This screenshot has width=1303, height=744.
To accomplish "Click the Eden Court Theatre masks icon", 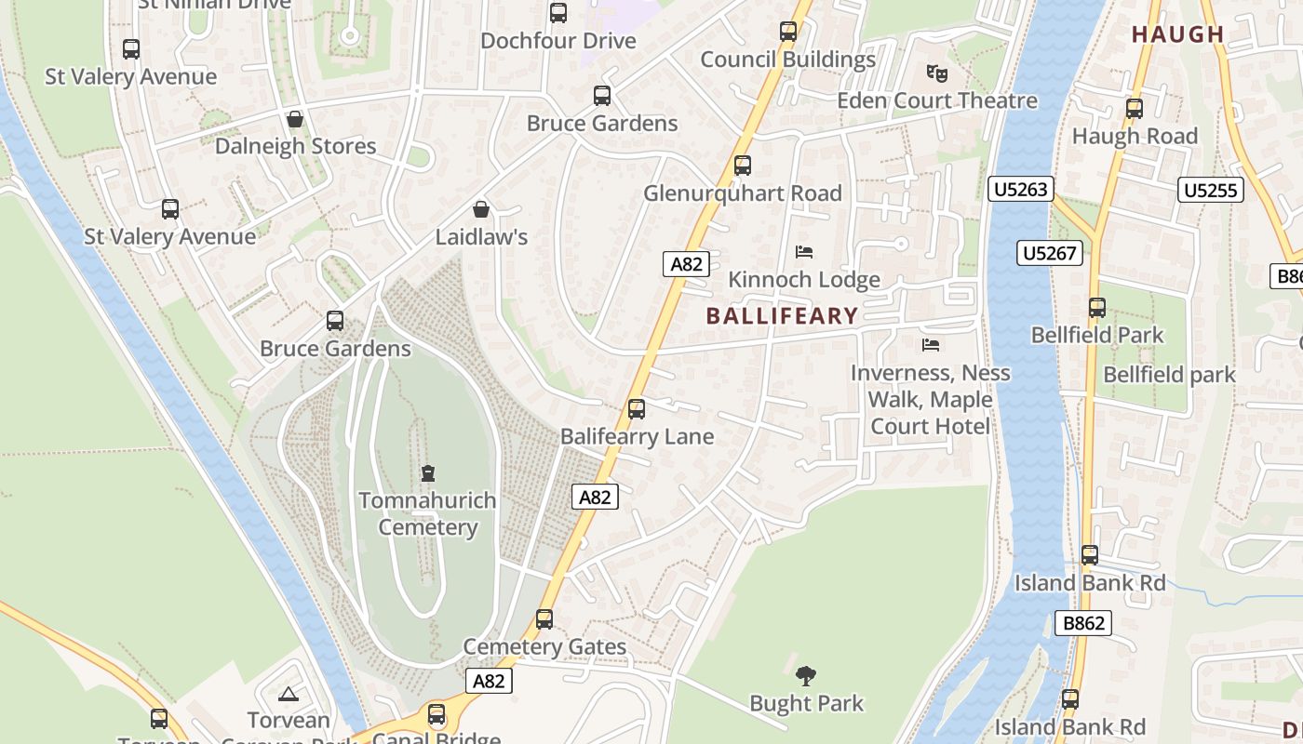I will coord(934,73).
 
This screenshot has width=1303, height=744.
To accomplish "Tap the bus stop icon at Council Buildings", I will coord(788,32).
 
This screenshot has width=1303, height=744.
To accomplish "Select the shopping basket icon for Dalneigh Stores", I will coord(295,119).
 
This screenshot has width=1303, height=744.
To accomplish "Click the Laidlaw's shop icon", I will coord(481,209).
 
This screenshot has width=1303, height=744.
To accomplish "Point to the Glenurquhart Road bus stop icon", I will coord(742,166).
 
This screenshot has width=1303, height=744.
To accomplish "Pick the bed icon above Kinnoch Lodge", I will coord(804,252).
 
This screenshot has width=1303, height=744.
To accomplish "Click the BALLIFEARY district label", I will coord(782,316).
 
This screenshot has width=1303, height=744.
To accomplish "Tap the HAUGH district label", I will coord(1177,34).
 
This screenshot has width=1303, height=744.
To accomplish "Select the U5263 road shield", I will coord(1021,190).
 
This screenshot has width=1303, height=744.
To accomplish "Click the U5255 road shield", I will coord(1211,191).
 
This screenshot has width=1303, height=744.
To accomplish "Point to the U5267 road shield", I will coord(1049,253).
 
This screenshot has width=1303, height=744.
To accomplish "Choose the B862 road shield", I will coord(1084,623).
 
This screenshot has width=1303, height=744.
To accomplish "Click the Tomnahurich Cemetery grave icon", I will coord(428,473).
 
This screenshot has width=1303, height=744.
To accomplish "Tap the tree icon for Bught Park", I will coord(806,676).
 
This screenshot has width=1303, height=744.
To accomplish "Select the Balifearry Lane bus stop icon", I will coord(637,408).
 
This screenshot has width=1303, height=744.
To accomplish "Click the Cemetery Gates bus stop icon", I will coord(544,618).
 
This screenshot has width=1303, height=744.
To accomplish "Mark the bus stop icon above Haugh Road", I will coord(1134,108).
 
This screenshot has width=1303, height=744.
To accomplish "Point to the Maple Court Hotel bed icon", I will coord(930,345).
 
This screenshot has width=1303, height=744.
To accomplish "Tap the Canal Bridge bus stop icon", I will coord(437,714).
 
